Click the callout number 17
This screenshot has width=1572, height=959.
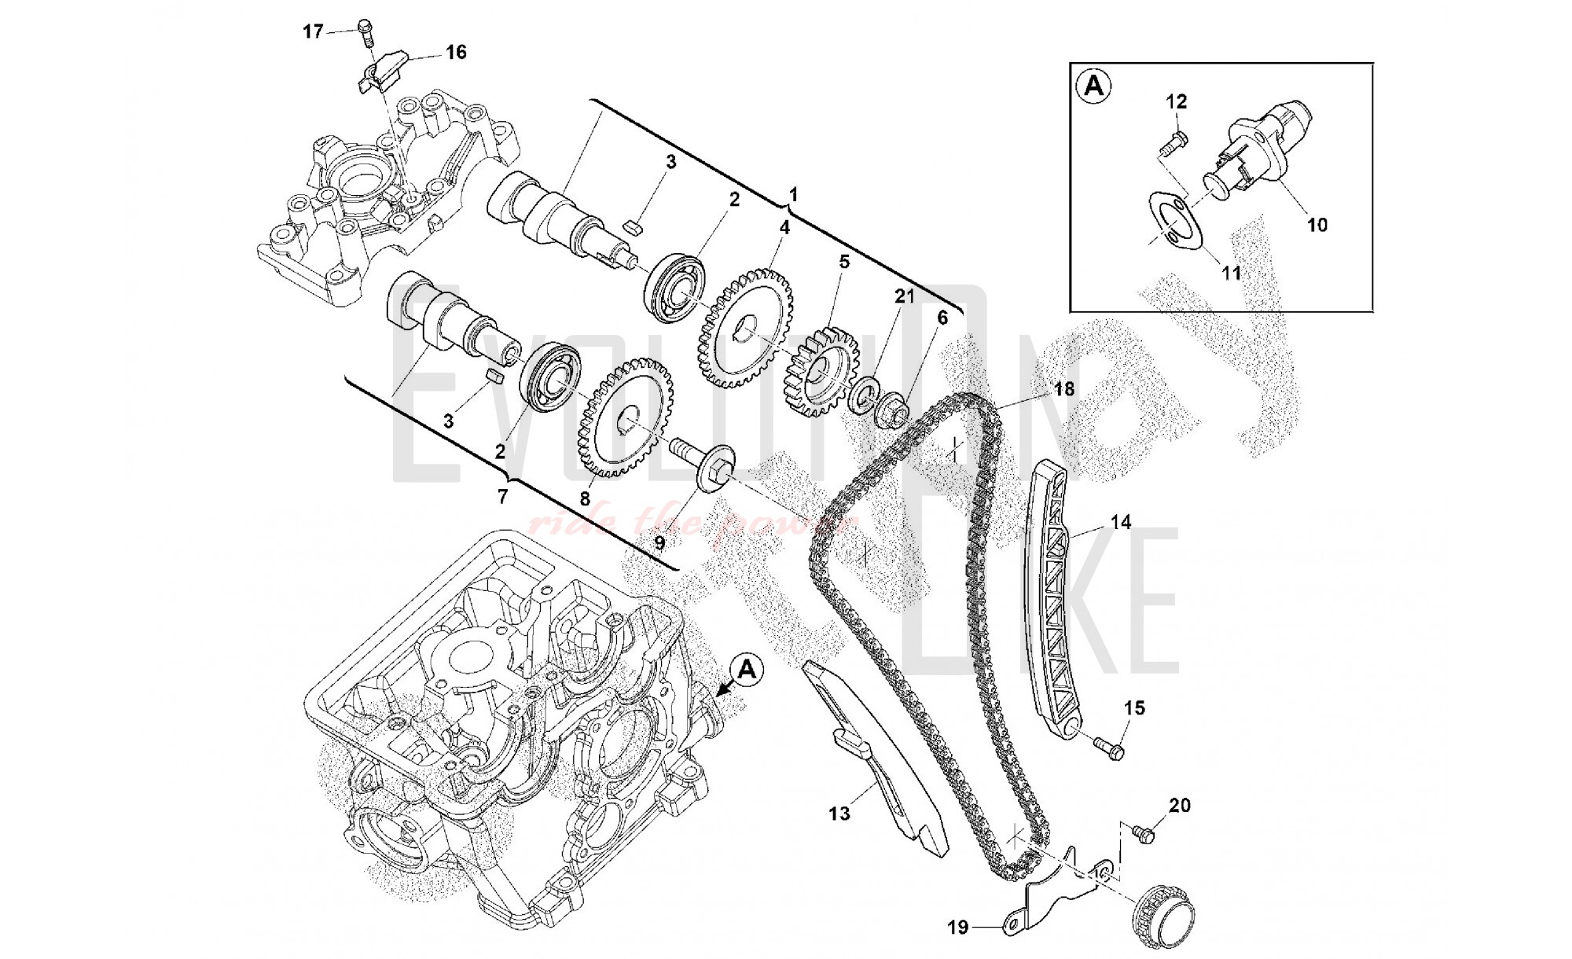pyautogui.click(x=313, y=31)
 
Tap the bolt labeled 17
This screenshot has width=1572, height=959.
pyautogui.click(x=365, y=30)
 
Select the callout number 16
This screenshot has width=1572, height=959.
pyautogui.click(x=456, y=52)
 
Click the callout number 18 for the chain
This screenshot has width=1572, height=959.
pyautogui.click(x=1063, y=388)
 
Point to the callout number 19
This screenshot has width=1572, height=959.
pyautogui.click(x=957, y=928)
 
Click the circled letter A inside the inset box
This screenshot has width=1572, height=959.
pyautogui.click(x=1093, y=86)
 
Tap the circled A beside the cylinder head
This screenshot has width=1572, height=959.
pyautogui.click(x=747, y=669)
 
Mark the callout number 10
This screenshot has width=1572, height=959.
pyautogui.click(x=1317, y=225)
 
